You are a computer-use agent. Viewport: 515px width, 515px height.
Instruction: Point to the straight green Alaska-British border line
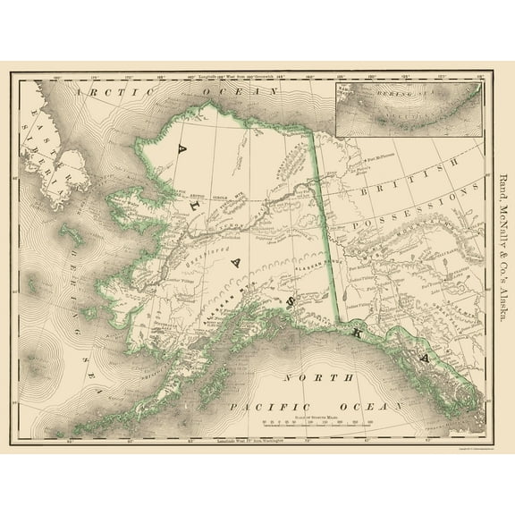324,215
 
